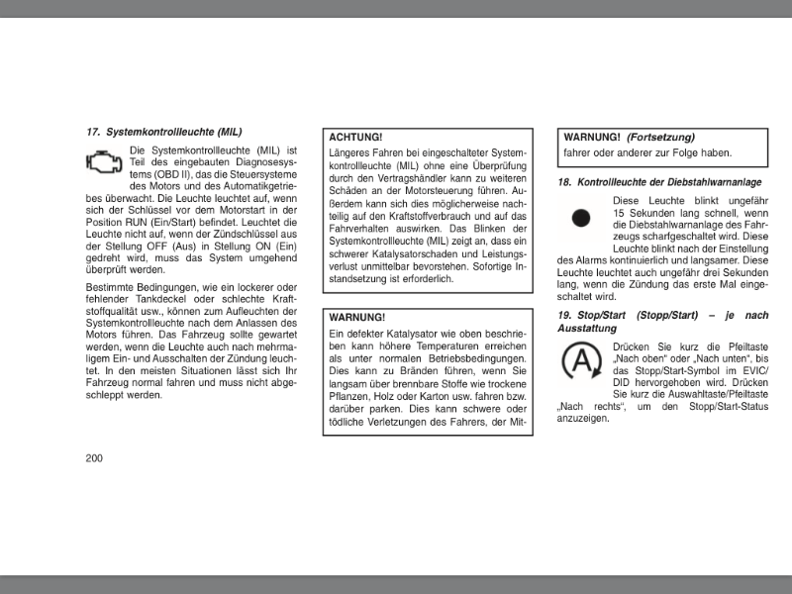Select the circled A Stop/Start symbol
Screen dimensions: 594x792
tap(580, 362)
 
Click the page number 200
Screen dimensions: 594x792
tap(94, 457)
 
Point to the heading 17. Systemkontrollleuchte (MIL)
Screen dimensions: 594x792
tap(163, 131)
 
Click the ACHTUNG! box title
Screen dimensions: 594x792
tap(355, 137)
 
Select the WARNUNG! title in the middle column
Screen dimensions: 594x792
tap(357, 317)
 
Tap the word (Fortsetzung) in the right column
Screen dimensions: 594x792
tap(661, 137)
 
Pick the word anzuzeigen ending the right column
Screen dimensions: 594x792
tap(583, 419)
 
